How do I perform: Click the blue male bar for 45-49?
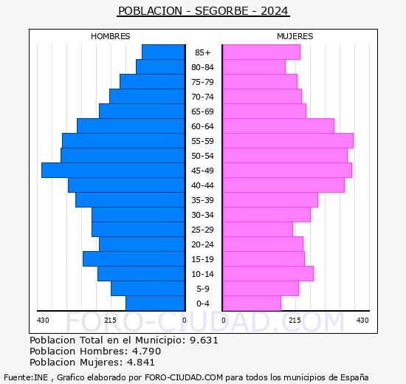[x=113, y=170]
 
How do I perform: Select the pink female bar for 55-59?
[x=287, y=140]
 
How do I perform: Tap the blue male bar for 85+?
[x=163, y=52]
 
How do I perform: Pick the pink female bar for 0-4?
[x=251, y=303]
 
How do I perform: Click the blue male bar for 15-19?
[x=134, y=258]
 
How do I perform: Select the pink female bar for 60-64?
[x=278, y=126]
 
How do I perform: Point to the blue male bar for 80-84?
[x=160, y=66]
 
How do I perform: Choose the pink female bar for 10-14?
[x=267, y=273]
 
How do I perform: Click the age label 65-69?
[x=202, y=112]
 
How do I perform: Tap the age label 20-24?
[x=202, y=244]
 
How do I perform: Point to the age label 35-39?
[x=202, y=200]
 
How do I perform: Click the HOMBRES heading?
[x=111, y=36]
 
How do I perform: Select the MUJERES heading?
[x=295, y=36]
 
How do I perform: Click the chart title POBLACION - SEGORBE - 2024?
[x=203, y=11]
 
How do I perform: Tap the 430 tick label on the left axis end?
[x=44, y=320]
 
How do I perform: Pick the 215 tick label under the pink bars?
[x=295, y=320]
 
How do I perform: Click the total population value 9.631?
[x=203, y=340]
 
